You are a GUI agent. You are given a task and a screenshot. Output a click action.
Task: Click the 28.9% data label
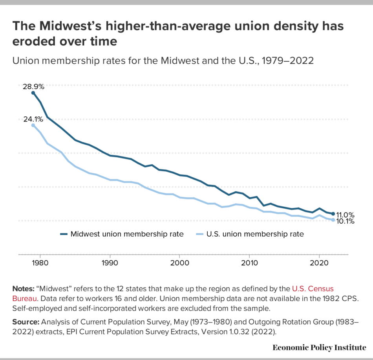point(33,87)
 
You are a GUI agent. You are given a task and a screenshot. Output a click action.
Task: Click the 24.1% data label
point(33,119)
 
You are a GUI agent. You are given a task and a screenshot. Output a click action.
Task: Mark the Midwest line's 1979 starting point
point(33,93)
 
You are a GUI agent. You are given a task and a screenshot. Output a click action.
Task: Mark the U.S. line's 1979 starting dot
point(33,125)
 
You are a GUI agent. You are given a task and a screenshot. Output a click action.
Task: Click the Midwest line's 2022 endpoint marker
point(333,214)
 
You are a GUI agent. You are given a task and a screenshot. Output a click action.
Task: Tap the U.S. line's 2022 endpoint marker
point(333,220)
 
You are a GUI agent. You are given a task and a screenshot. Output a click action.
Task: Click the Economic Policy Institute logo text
point(319,348)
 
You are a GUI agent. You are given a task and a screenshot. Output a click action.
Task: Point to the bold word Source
point(26,323)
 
